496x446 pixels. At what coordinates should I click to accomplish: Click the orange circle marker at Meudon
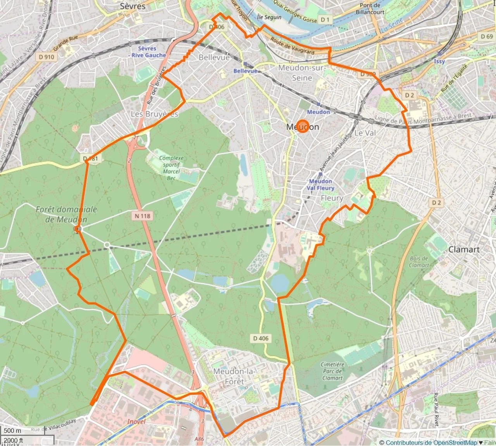pos(303,126)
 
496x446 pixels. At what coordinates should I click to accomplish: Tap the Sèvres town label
pos(133,6)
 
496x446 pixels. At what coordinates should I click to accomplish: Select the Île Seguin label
pos(269,17)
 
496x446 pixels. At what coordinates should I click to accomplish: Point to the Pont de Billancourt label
pos(370,9)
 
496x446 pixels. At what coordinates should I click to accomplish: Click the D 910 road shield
pos(46,57)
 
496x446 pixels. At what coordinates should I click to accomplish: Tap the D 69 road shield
pos(487,36)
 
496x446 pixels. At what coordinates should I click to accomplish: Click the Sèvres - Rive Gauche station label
pos(148,52)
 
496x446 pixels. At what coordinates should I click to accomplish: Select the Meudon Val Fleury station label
pos(320,185)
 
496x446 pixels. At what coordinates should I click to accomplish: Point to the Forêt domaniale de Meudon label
pos(66,214)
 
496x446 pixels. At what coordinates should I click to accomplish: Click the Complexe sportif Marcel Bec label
pos(171,168)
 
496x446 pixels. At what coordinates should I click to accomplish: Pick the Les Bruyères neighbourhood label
pos(154,114)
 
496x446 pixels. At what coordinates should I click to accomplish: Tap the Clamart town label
pos(464,249)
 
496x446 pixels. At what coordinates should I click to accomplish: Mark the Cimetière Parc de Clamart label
pos(332,371)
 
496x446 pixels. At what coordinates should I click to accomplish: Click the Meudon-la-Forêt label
pos(234,376)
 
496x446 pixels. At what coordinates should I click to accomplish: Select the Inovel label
pos(136,421)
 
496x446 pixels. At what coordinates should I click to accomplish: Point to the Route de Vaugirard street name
pos(293,46)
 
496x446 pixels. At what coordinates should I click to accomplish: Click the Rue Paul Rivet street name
pos(436,410)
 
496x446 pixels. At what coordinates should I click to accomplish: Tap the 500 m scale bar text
pos(12,430)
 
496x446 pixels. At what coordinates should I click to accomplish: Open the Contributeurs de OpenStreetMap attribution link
pos(431,443)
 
